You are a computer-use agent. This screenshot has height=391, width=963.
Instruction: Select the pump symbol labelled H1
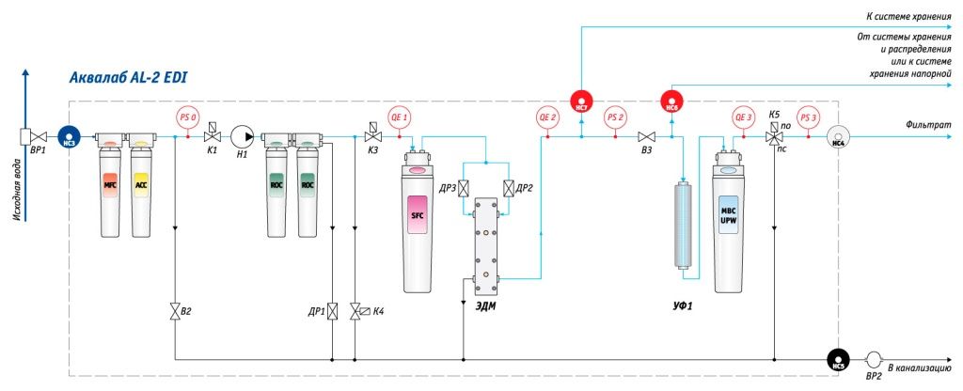coord(242,136)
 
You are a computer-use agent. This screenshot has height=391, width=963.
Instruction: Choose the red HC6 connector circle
coord(671,101)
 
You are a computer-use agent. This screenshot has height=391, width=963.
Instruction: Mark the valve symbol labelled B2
coord(176,312)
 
